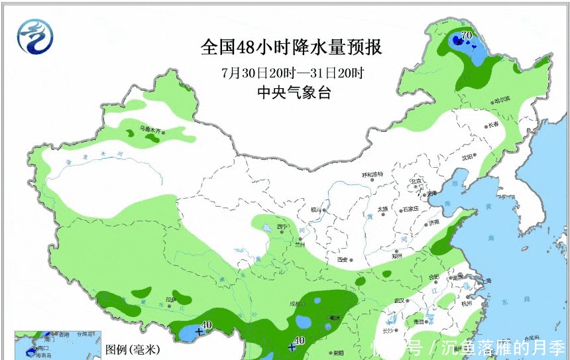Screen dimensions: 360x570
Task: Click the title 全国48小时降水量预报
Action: (292, 48)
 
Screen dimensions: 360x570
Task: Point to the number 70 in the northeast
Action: (466, 35)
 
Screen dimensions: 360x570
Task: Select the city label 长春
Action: (492, 125)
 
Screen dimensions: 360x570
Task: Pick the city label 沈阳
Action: (469, 157)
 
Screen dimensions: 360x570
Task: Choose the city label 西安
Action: (343, 260)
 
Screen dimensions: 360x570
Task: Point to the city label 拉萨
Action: (171, 299)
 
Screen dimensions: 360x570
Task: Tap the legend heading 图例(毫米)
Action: (131, 349)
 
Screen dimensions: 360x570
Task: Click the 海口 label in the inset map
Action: (44, 347)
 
